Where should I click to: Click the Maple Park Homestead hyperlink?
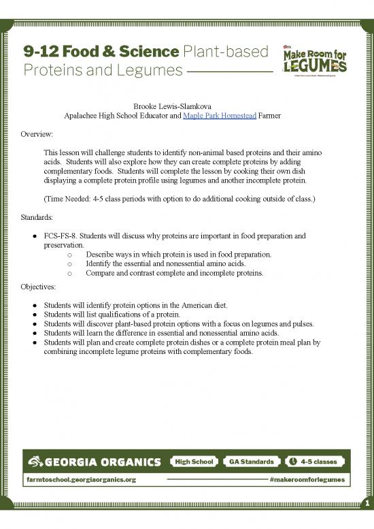[220, 116]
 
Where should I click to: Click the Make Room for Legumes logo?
[314, 61]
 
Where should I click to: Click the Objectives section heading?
[37, 287]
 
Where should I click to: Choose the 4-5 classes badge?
[311, 462]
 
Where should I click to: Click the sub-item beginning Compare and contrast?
[174, 273]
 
